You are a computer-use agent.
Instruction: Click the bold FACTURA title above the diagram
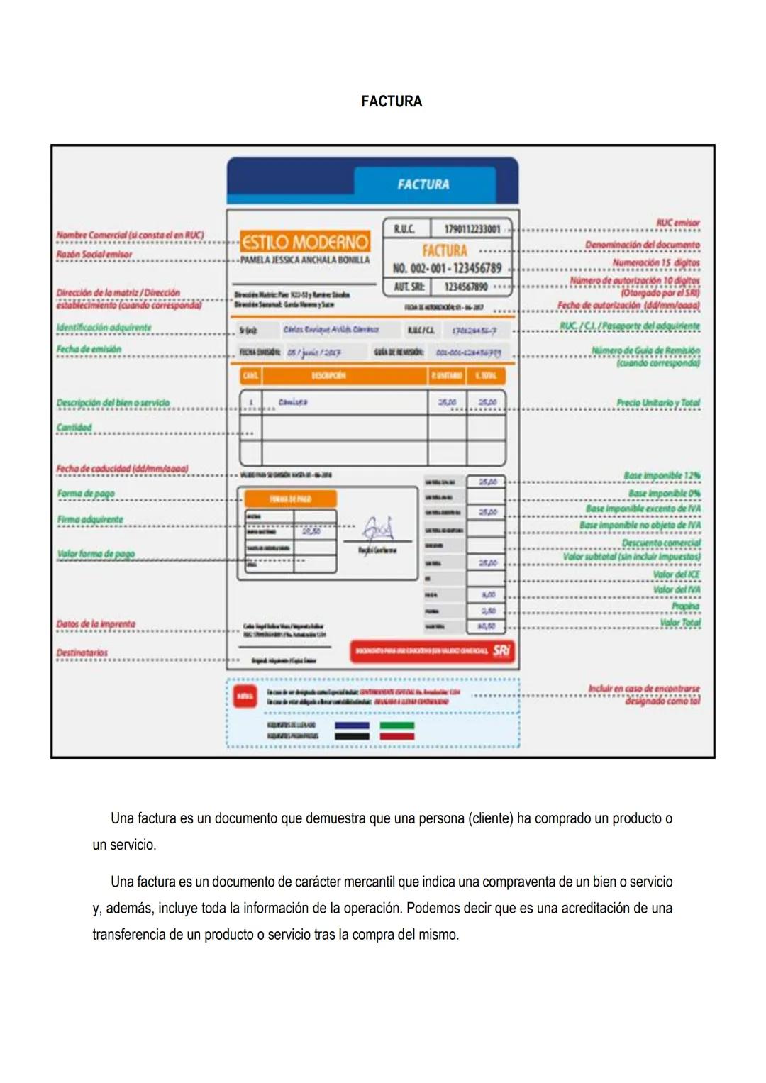pyautogui.click(x=391, y=101)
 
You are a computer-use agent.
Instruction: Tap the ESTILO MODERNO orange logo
pyautogui.click(x=305, y=243)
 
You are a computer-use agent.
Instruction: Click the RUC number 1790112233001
pyautogui.click(x=472, y=229)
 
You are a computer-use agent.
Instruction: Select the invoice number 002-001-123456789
pyautogui.click(x=447, y=268)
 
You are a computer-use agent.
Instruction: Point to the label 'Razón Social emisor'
pyautogui.click(x=94, y=254)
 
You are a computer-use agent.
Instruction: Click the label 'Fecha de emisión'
pyautogui.click(x=89, y=349)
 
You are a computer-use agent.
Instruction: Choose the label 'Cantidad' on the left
pyautogui.click(x=74, y=427)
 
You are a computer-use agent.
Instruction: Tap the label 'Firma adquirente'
pyautogui.click(x=90, y=520)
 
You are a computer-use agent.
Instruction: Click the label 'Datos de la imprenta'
pyautogui.click(x=96, y=624)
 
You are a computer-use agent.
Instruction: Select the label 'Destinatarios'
pyautogui.click(x=82, y=652)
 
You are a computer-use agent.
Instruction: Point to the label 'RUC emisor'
pyautogui.click(x=677, y=223)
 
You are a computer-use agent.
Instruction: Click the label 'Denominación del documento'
pyautogui.click(x=642, y=245)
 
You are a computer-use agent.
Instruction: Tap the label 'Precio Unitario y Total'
pyautogui.click(x=657, y=403)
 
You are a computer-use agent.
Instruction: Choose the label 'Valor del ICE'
pyautogui.click(x=676, y=574)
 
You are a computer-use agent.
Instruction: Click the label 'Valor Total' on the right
pyautogui.click(x=679, y=623)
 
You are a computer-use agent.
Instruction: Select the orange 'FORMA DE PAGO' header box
pyautogui.click(x=290, y=499)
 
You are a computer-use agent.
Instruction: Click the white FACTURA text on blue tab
pyautogui.click(x=423, y=184)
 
